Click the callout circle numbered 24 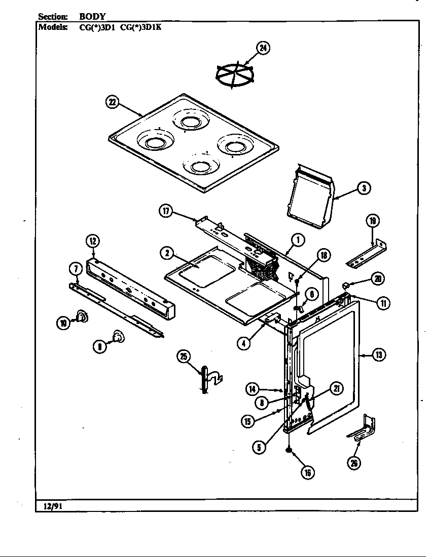[263, 49]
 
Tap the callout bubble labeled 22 [112, 103]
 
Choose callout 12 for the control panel [93, 242]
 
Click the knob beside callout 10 [81, 317]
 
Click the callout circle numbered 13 [379, 355]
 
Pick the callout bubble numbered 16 [307, 472]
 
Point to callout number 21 [336, 388]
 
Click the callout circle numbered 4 [244, 342]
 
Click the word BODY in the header [92, 16]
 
